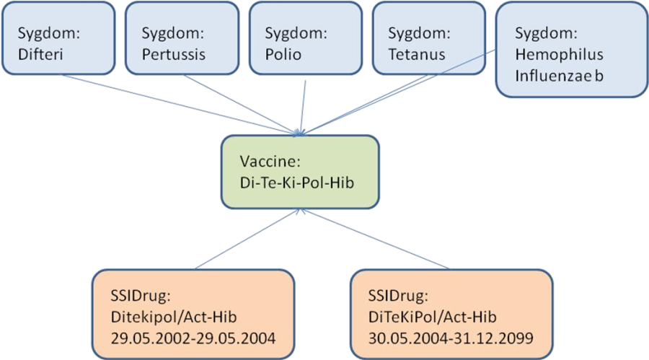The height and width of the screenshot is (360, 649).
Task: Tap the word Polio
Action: (283, 54)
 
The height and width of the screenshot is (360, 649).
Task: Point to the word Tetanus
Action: (416, 54)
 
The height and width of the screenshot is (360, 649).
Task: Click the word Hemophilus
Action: (560, 54)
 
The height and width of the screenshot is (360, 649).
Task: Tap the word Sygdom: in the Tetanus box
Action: (419, 33)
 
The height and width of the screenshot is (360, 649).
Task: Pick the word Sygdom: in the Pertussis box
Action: (174, 33)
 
